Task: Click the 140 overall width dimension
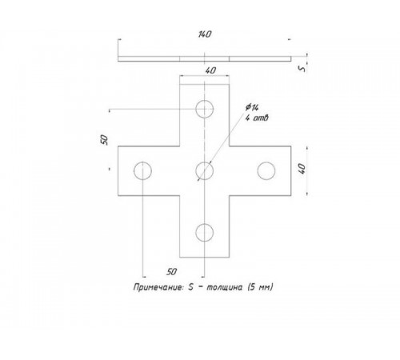pyautogui.click(x=205, y=34)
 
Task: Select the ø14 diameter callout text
pyautogui.click(x=252, y=107)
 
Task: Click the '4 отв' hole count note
pyautogui.click(x=257, y=118)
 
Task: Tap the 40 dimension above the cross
pyautogui.click(x=210, y=70)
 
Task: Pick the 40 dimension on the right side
pyautogui.click(x=302, y=169)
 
